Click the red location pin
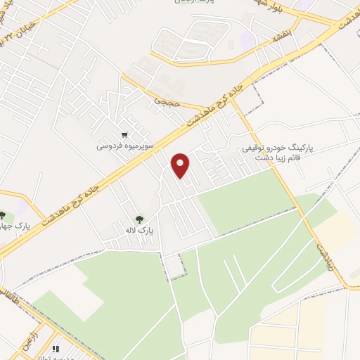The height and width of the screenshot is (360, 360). (x=181, y=164)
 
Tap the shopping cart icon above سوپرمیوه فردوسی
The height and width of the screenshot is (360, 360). (x=124, y=134)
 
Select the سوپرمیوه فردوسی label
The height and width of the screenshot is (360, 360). (x=124, y=147)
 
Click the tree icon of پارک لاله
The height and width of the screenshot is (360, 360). (x=139, y=219)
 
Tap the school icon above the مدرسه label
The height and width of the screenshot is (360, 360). (x=55, y=347)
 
